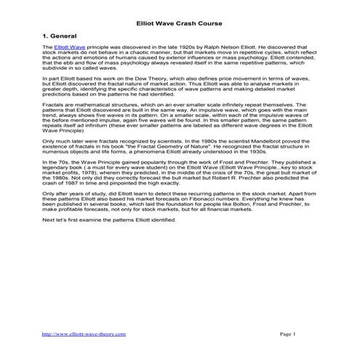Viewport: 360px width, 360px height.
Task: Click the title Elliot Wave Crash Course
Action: pyautogui.click(x=180, y=13)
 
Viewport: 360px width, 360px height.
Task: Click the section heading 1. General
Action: pyautogui.click(x=63, y=34)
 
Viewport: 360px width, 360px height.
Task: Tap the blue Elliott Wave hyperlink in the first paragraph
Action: pyautogui.click(x=65, y=46)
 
